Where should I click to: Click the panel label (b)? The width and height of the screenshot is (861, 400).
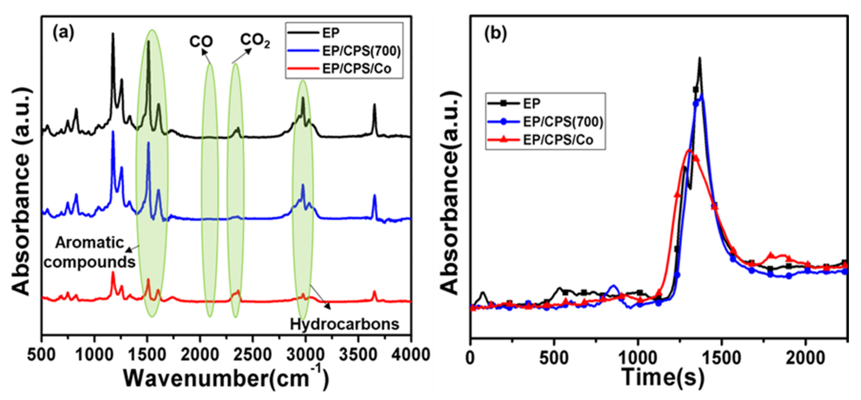(495, 34)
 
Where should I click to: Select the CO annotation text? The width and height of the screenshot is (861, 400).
(201, 42)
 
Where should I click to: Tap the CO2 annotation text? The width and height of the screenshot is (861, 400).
(255, 41)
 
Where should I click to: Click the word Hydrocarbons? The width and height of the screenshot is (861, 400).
(344, 324)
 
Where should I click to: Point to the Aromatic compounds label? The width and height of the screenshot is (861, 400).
(89, 253)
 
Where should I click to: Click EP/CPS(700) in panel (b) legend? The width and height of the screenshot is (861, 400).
(563, 122)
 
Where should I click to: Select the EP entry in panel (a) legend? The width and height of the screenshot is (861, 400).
(331, 33)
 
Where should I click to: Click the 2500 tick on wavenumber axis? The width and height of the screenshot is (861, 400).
(253, 355)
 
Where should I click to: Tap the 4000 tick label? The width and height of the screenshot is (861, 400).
(410, 355)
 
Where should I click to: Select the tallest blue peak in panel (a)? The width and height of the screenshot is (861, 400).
(113, 132)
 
